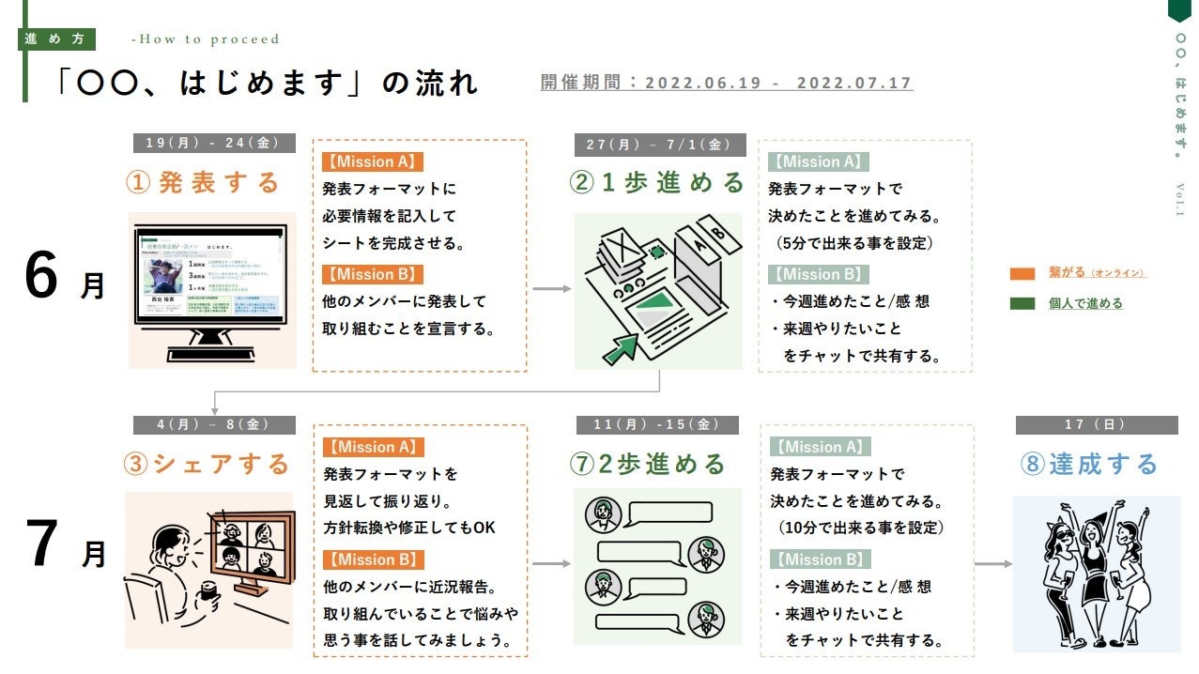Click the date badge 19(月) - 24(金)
[x=213, y=144]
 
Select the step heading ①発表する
[x=204, y=182]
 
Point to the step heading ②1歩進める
[x=657, y=182]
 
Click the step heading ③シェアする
[x=208, y=464]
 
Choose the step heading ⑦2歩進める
[x=649, y=464]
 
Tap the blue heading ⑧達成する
[x=1090, y=464]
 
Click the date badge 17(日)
[x=1096, y=425]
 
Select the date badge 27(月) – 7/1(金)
[x=660, y=145]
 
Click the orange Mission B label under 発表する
[x=372, y=274]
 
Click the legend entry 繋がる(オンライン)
[x=1097, y=273]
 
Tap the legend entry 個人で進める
[x=1084, y=303]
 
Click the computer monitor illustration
[x=212, y=289]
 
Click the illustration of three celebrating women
[x=1096, y=573]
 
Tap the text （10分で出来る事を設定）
[x=861, y=528]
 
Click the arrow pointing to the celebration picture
[x=993, y=564]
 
